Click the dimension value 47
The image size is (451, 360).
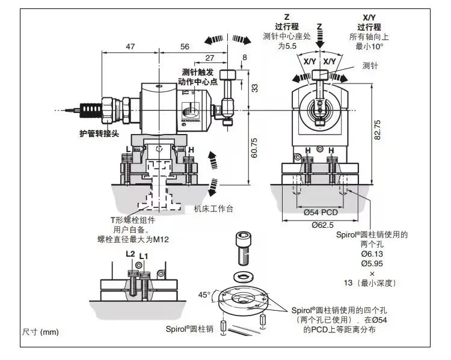tap(129, 46)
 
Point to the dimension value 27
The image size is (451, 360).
tap(209, 58)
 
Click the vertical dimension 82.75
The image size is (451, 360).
tap(378, 130)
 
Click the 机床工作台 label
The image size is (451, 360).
tap(213, 209)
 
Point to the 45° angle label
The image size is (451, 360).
tap(204, 294)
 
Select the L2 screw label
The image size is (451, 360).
tap(130, 254)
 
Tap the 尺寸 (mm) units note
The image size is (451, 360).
tap(41, 331)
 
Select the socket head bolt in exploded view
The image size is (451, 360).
tap(244, 247)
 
